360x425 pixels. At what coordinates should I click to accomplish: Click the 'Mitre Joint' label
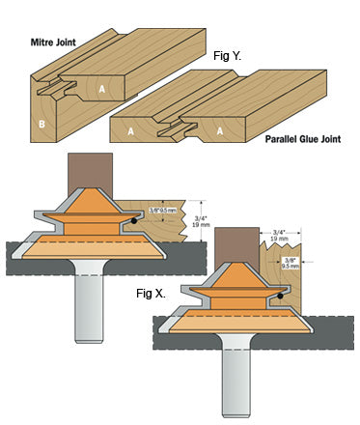pos(53,42)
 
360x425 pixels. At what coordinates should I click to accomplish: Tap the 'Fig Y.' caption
pos(227,56)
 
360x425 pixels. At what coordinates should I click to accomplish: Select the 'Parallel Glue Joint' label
pos(303,139)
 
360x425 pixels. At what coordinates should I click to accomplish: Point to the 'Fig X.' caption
pos(151,294)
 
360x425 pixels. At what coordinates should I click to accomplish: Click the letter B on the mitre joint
pos(42,124)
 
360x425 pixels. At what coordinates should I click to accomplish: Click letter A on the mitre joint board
pos(102,89)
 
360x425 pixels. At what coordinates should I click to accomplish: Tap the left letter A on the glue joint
pos(130,131)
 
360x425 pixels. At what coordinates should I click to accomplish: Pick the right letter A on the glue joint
pos(220,131)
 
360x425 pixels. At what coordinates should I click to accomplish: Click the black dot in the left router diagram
pos(134,221)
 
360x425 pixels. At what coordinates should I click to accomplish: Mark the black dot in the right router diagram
pos(280,296)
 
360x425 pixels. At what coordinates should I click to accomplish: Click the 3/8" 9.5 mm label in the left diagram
pos(163,211)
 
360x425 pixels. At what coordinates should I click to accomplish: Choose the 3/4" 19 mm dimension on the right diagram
pos(279,236)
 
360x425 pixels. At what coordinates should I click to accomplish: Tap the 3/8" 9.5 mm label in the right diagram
pos(290,263)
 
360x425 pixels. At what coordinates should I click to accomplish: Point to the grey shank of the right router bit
pos(236,377)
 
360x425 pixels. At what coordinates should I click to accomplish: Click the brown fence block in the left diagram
pos(90,174)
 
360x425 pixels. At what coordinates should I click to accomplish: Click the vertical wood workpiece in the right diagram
pos(281,277)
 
